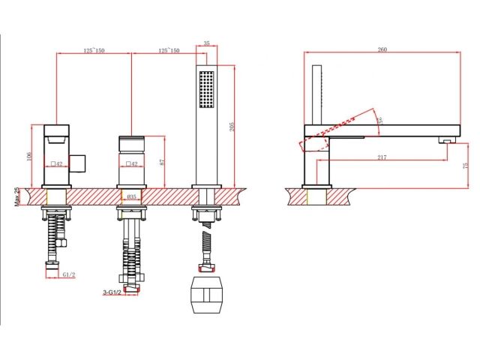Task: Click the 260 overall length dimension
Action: [x=382, y=49]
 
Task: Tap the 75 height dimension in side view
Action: [x=465, y=164]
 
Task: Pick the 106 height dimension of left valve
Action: [x=30, y=156]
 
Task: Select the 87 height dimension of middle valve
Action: [x=162, y=161]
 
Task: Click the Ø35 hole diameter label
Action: [x=130, y=198]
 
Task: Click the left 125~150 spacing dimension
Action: [x=94, y=49]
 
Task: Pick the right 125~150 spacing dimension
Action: [x=168, y=49]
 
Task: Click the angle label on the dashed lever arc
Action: [x=380, y=118]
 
